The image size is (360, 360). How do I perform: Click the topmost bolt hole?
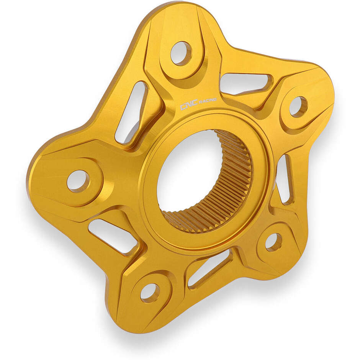180,53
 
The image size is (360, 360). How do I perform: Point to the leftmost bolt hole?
78,180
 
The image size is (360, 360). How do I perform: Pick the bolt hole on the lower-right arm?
273,241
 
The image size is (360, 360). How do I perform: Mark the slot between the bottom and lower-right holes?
209,267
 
